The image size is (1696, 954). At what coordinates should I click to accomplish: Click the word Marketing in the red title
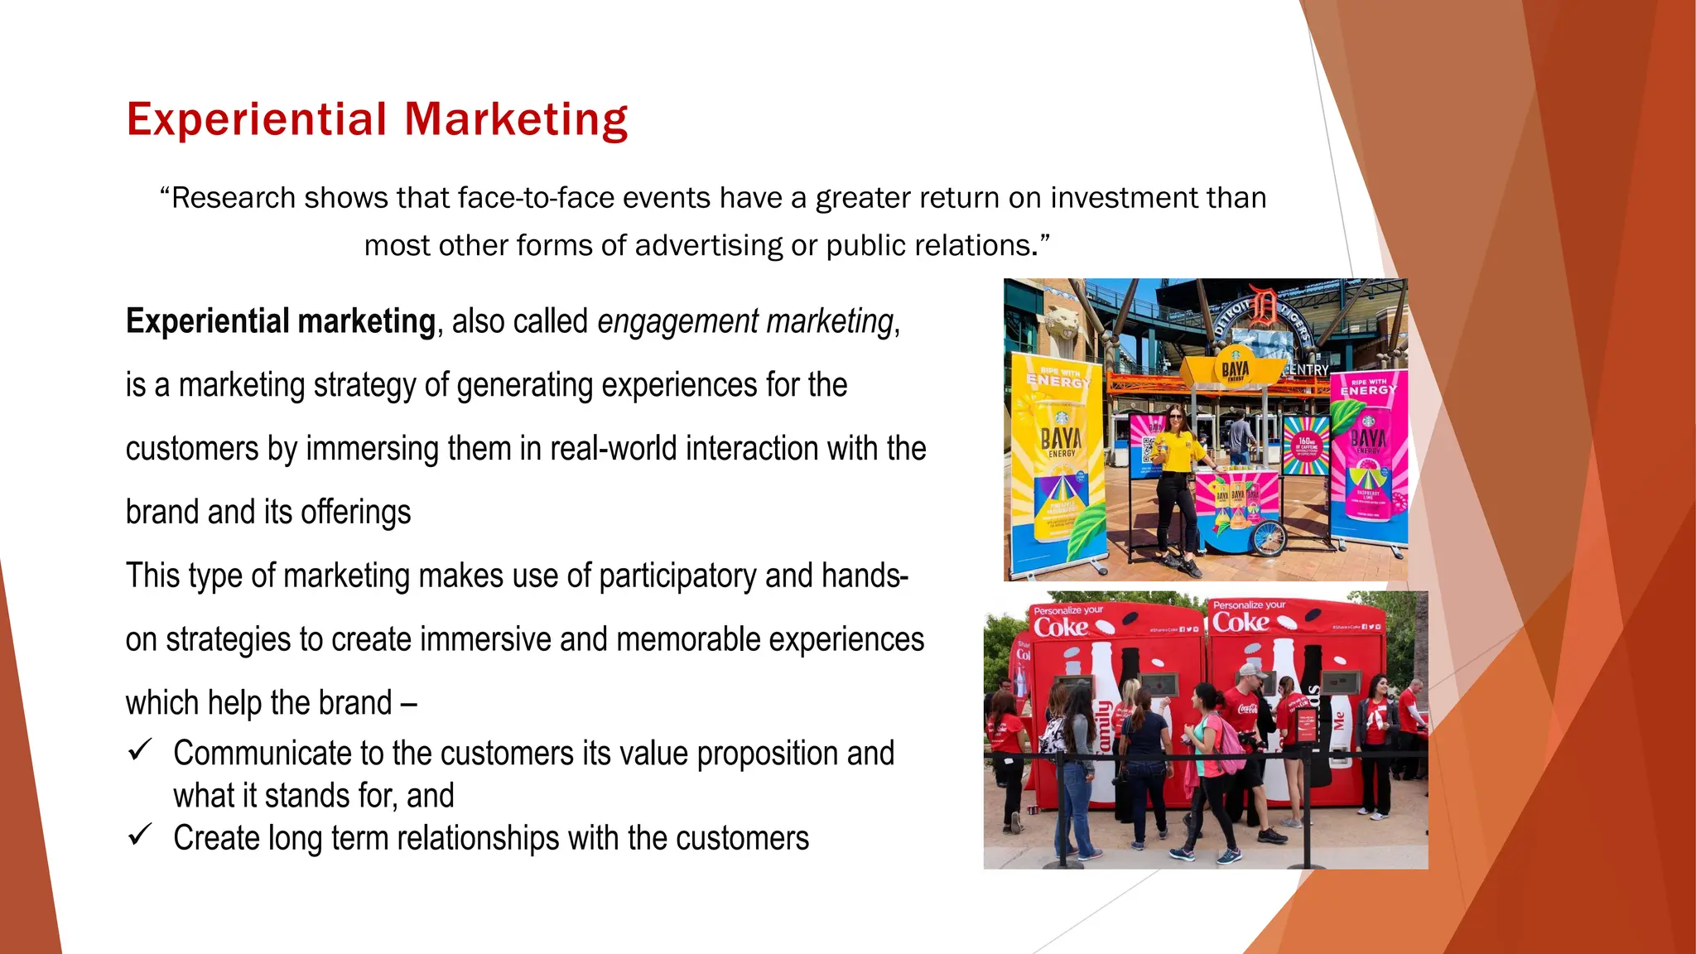(516, 120)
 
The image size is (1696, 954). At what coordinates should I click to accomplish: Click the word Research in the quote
(233, 199)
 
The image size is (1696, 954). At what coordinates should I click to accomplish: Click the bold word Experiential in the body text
(207, 321)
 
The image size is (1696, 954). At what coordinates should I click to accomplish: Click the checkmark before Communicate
(139, 751)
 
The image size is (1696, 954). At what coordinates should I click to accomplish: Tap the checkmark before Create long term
(139, 836)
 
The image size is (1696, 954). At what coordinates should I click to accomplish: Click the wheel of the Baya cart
(1267, 537)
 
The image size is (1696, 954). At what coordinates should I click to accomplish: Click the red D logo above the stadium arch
(1263, 304)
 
